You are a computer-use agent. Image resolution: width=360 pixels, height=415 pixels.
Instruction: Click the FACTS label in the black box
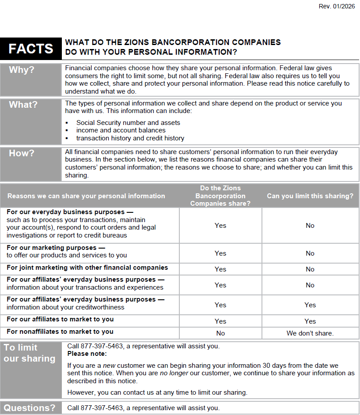[30, 49]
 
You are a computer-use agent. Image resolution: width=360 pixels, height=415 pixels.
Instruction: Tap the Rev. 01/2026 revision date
[337, 6]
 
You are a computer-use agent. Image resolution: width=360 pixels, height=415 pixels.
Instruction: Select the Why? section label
[22, 70]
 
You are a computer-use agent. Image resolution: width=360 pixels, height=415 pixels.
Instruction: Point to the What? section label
[23, 105]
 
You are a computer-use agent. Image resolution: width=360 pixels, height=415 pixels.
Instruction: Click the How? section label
[22, 153]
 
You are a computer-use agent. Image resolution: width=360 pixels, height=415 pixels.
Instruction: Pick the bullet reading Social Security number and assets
[128, 123]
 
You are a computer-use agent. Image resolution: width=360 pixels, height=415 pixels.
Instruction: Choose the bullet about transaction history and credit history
[130, 138]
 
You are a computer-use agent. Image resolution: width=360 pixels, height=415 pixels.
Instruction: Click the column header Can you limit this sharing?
[310, 196]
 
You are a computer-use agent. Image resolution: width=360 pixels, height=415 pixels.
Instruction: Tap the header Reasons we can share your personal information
[86, 196]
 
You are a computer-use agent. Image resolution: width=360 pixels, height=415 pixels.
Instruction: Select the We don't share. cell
[310, 333]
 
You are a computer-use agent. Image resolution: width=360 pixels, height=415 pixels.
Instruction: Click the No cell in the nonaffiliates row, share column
[220, 333]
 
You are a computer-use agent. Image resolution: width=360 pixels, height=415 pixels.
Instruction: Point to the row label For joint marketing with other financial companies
[87, 268]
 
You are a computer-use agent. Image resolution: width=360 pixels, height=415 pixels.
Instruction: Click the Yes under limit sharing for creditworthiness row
[310, 305]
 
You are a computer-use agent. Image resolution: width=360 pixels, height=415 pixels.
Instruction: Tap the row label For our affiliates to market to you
[60, 319]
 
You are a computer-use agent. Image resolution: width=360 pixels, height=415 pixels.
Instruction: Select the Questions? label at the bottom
[30, 408]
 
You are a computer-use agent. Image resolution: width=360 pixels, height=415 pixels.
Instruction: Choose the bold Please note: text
[87, 354]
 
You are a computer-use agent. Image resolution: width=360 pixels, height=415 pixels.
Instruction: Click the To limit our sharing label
[29, 353]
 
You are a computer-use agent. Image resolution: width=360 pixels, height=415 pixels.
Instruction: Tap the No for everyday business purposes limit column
[310, 226]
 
